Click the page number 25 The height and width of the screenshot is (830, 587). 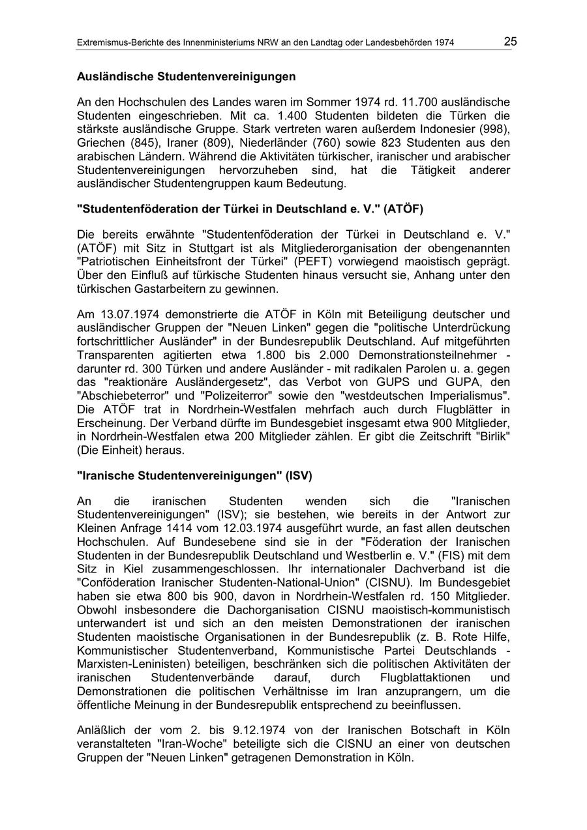510,42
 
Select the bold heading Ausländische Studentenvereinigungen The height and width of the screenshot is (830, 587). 186,77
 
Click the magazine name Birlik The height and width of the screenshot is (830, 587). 486,437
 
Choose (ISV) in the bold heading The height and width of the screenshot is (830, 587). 299,476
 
